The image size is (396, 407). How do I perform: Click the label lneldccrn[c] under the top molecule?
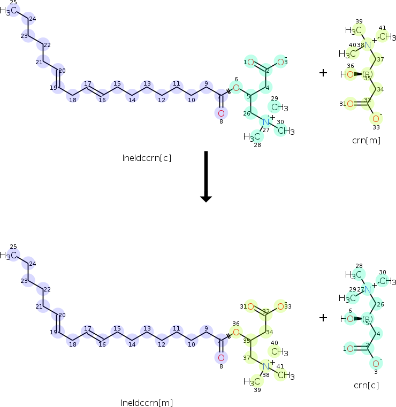click(x=146, y=158)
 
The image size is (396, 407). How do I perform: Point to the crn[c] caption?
click(x=367, y=385)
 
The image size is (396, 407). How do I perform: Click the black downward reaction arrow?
click(x=206, y=176)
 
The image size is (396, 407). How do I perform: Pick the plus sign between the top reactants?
click(x=323, y=73)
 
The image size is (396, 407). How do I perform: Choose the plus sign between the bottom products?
click(x=323, y=318)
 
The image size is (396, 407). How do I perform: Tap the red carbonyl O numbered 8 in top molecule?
click(x=221, y=113)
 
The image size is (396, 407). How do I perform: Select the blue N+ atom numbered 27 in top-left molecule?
click(x=266, y=122)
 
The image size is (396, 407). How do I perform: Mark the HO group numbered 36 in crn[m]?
click(x=347, y=74)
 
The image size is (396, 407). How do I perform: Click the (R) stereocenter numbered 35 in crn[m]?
click(x=368, y=74)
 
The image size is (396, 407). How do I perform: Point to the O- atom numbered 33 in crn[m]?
click(x=376, y=118)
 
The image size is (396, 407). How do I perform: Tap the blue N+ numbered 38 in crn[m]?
click(x=368, y=45)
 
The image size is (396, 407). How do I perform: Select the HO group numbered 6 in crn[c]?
click(x=347, y=319)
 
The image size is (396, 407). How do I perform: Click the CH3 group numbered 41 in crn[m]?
click(x=387, y=36)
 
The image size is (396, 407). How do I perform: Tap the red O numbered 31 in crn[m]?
click(x=350, y=104)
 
